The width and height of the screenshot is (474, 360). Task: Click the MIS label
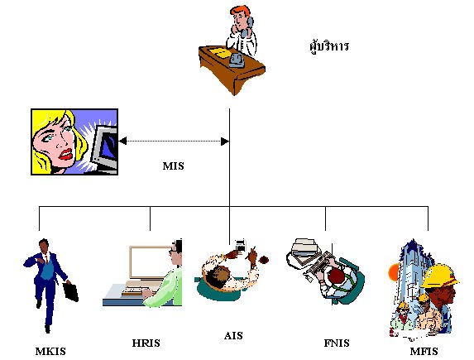tap(173, 166)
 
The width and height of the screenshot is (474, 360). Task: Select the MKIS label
tap(50, 352)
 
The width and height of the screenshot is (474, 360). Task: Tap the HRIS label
tap(146, 343)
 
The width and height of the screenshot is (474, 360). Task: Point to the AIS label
tap(233, 336)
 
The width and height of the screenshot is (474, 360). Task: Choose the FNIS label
tap(337, 343)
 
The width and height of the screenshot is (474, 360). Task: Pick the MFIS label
tap(424, 352)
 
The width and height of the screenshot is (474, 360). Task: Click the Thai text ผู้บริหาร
tap(329, 46)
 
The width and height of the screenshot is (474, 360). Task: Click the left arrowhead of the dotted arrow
tap(122, 141)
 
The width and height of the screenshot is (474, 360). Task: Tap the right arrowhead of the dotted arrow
tap(225, 142)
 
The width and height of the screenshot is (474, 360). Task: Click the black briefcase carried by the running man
tap(71, 291)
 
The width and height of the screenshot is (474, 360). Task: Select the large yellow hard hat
tap(440, 276)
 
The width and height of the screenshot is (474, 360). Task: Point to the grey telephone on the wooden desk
tap(237, 60)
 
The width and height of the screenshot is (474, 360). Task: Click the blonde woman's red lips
tap(66, 154)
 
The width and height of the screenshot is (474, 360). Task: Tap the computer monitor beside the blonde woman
tap(104, 148)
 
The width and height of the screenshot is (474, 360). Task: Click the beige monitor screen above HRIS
tap(151, 262)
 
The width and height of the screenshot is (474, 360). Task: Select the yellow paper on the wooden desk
tap(220, 51)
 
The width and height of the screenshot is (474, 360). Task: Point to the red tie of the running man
tap(46, 259)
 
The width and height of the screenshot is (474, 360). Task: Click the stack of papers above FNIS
tap(304, 250)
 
